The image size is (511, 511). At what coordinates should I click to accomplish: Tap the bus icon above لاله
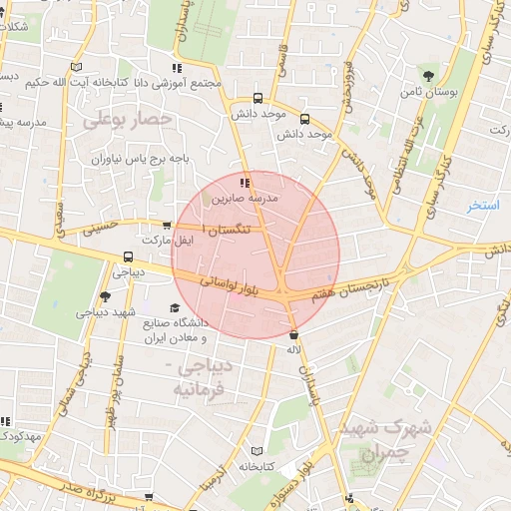tap(292, 335)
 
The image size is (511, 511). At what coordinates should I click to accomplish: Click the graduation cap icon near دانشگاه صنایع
tap(176, 308)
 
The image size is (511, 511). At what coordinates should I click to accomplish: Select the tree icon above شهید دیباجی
tap(105, 296)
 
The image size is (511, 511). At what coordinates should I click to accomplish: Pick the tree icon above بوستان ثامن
tap(428, 76)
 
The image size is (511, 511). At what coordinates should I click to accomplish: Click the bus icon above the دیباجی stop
tap(126, 255)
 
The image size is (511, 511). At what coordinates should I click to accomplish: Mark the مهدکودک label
tap(19, 436)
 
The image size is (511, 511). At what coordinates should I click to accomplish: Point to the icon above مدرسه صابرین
tap(245, 183)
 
